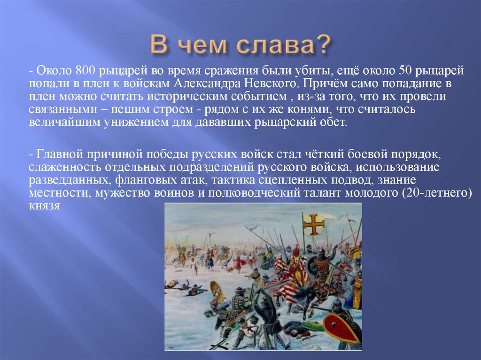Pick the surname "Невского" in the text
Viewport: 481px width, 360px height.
pyautogui.click(x=273, y=84)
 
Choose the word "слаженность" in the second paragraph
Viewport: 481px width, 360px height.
pyautogui.click(x=65, y=168)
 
